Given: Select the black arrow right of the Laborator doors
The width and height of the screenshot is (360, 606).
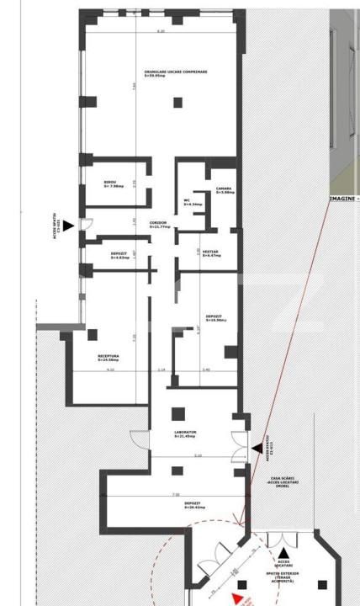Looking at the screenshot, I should [x=257, y=449].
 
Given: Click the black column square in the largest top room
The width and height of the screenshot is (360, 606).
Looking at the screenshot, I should [x=177, y=103].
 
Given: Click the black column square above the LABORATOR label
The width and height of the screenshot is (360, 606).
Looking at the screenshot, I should [x=177, y=414].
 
